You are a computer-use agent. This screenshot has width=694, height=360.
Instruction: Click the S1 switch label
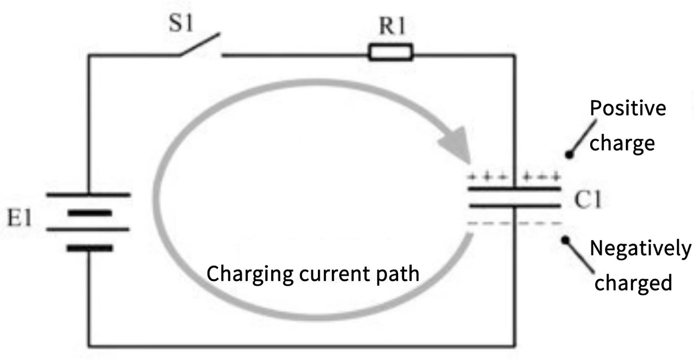(180, 23)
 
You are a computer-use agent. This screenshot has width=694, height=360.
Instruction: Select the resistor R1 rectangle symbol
(390, 52)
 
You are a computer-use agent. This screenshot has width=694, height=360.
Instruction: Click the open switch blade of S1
(199, 45)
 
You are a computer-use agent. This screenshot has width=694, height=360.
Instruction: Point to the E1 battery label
(20, 219)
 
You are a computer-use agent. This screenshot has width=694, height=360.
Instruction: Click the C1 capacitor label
(588, 200)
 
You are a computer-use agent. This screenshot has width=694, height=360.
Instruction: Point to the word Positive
(628, 108)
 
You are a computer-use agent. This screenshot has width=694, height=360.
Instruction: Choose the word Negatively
(640, 249)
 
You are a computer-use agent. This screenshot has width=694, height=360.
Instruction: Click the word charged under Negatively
(633, 283)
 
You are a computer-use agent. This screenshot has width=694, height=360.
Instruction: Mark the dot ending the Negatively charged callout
(565, 239)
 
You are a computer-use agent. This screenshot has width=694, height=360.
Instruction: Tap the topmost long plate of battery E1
(88, 195)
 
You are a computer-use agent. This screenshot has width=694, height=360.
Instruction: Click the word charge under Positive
(622, 143)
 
